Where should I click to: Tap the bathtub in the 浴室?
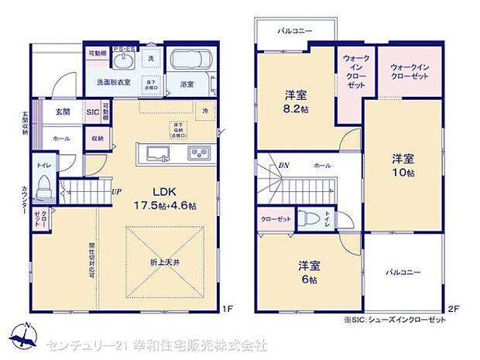point(187,61)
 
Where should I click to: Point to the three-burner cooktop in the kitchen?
point(197,152)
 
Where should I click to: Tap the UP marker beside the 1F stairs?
point(115,192)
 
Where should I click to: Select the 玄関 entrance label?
point(63,112)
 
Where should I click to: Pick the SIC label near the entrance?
point(92,112)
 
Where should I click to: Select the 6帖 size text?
point(309,279)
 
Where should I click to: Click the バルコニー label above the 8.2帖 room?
point(295,30)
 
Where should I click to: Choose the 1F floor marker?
point(227,308)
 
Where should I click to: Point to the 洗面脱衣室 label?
point(111,81)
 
